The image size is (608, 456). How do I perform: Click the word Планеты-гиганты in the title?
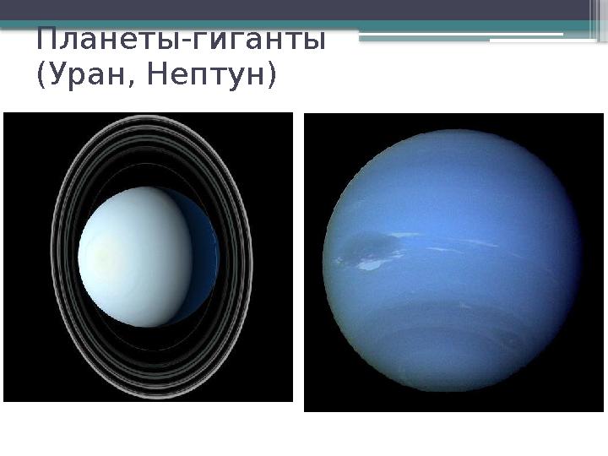pyautogui.click(x=181, y=41)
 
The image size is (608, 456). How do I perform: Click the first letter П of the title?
pyautogui.click(x=46, y=40)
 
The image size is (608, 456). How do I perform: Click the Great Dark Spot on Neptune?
pyautogui.click(x=372, y=247)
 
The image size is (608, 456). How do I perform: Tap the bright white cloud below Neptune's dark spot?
pyautogui.click(x=369, y=265)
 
